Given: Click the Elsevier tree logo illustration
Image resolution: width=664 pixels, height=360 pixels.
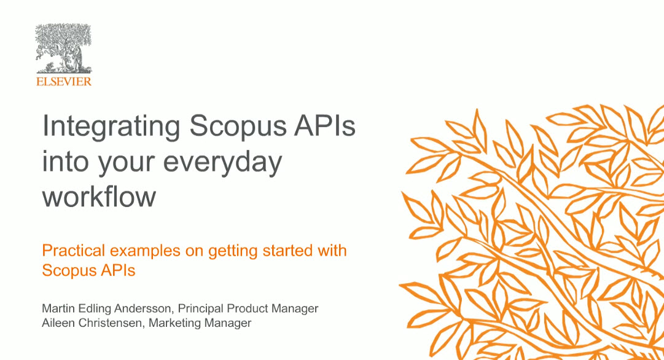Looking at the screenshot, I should [x=63, y=49].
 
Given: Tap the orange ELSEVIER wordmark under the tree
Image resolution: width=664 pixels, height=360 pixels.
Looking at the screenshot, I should [x=63, y=81].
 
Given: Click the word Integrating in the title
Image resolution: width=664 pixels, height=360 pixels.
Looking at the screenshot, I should [x=111, y=127].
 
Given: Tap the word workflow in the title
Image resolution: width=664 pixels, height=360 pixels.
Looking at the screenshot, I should [x=99, y=197].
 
